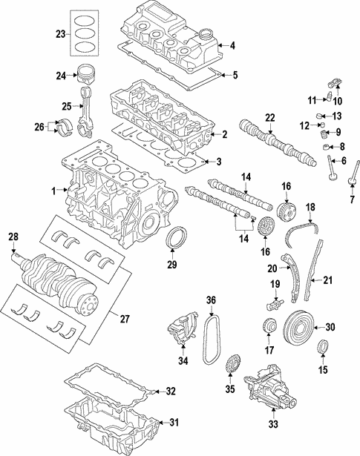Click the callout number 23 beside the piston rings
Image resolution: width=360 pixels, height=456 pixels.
point(60,33)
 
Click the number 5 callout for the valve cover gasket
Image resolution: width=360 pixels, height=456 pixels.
point(235,75)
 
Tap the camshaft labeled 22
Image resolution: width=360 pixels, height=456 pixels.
point(275,141)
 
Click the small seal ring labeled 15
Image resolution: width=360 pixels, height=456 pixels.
point(324,348)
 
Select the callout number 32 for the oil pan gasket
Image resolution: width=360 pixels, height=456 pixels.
point(171,391)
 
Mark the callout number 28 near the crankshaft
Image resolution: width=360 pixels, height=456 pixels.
point(13,237)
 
